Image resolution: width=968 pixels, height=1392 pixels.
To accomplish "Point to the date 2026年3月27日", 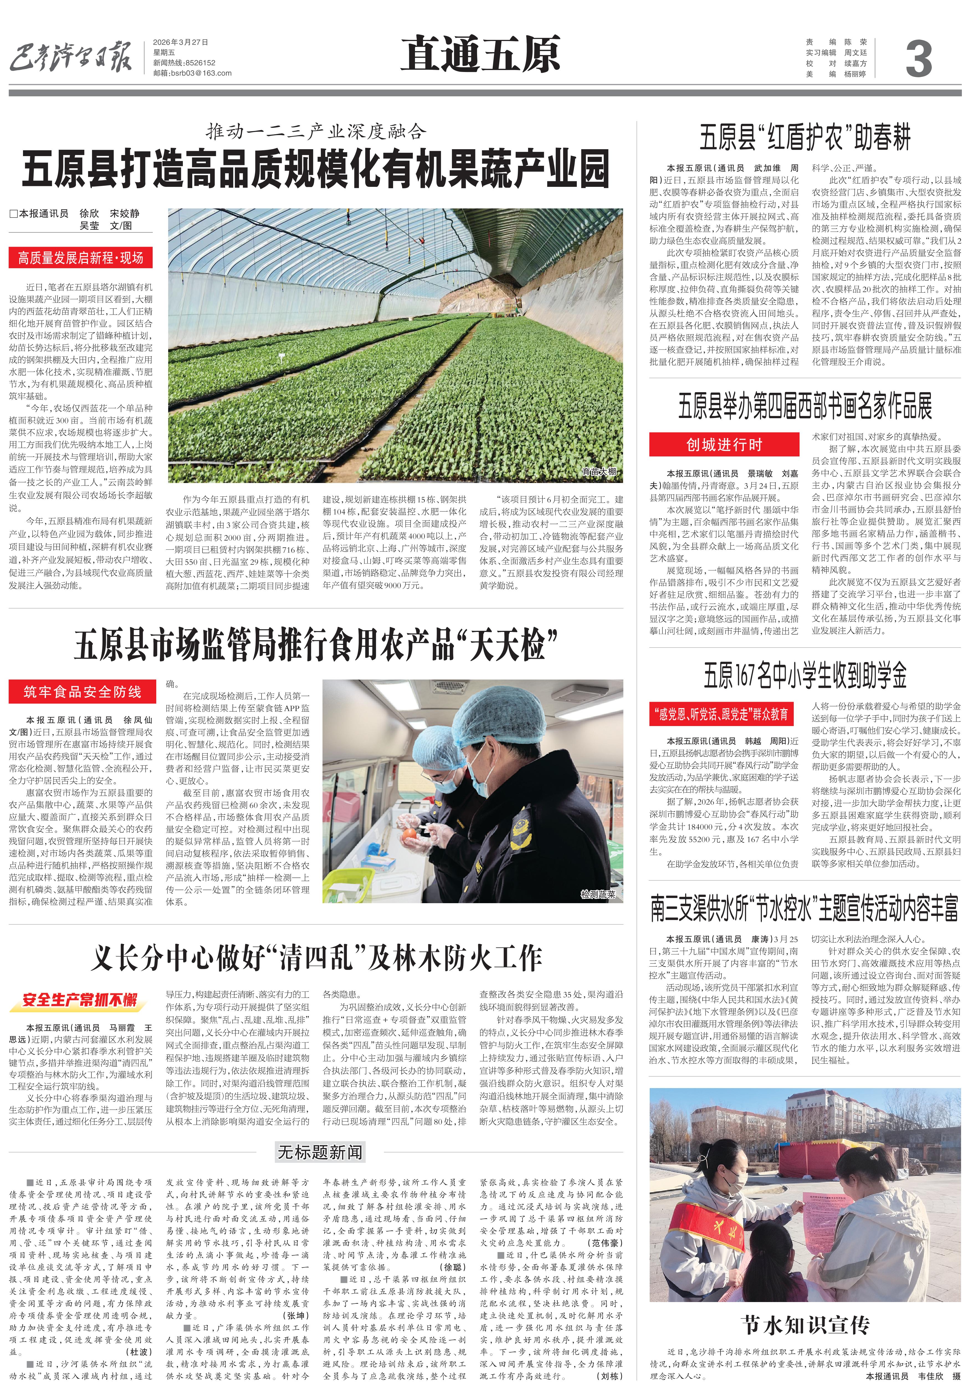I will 181,42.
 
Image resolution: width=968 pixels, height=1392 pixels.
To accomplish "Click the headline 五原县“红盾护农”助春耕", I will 805,137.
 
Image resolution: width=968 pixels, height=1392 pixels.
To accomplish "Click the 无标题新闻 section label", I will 320,1152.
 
